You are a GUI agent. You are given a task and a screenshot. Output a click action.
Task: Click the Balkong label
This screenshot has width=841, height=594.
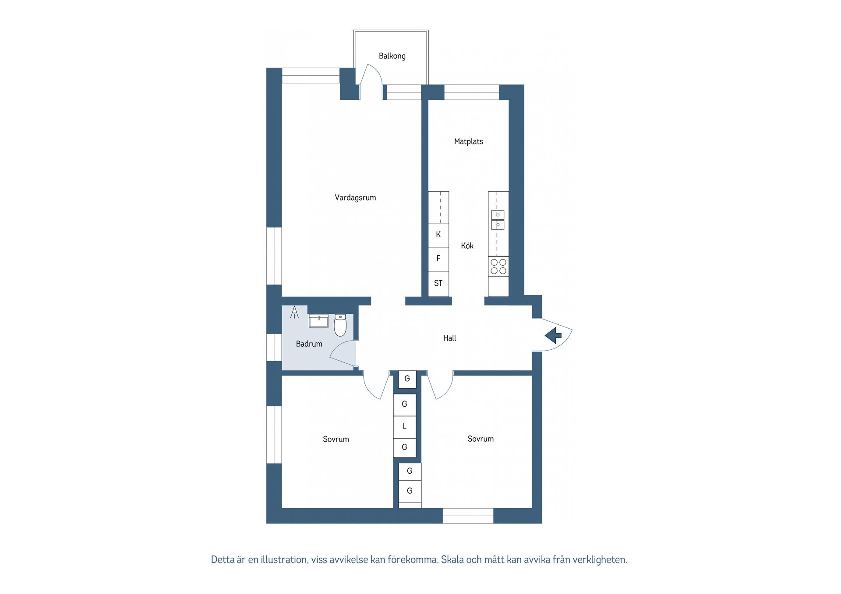[x=392, y=56]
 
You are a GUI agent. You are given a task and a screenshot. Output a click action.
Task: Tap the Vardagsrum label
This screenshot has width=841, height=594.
[x=355, y=197]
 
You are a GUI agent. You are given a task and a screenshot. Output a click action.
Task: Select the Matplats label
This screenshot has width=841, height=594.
[x=468, y=141]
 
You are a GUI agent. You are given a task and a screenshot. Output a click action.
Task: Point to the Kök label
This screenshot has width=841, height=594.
[x=467, y=246]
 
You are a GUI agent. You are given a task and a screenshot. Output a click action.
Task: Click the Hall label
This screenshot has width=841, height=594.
[x=449, y=338]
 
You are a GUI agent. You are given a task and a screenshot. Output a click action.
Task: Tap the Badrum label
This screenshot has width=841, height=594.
[x=309, y=344]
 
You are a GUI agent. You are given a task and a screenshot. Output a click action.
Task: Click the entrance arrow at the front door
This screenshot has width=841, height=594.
[x=553, y=335]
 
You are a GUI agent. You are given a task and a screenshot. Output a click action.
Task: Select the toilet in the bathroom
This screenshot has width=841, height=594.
[x=340, y=324]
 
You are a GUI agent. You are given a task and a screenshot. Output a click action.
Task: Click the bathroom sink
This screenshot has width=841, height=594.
[x=318, y=321]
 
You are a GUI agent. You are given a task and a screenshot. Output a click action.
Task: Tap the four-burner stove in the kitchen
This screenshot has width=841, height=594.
[x=498, y=267]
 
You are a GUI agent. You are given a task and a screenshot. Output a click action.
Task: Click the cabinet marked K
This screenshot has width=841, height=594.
[x=438, y=235]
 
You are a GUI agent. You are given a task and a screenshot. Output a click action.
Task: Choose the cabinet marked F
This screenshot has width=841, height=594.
[x=438, y=259]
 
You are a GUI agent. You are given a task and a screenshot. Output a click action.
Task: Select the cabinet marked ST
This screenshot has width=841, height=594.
[x=438, y=284]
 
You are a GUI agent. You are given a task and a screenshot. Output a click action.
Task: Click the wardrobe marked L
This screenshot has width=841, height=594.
[x=404, y=426]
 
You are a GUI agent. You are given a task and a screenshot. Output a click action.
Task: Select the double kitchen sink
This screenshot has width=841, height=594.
[x=498, y=220]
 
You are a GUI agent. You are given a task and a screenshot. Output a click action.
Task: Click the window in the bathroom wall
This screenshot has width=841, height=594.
[x=274, y=347]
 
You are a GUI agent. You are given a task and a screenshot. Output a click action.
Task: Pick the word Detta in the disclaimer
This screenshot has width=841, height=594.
[x=223, y=559]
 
